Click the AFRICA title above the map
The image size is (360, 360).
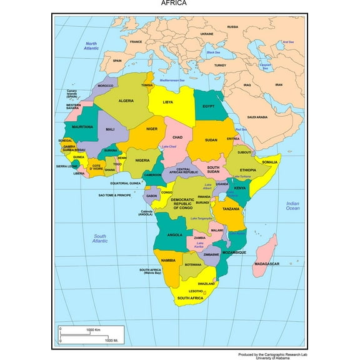coord(173,3)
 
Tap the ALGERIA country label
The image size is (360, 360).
coord(126,101)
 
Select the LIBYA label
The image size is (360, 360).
coord(168,102)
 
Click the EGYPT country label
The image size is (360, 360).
coord(208,106)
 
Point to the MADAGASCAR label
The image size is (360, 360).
coord(266,264)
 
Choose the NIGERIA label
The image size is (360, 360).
coord(142,160)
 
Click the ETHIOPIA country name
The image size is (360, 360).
coord(248,170)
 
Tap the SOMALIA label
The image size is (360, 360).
coord(269,162)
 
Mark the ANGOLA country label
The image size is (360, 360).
coord(174,235)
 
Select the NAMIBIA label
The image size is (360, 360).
coord(167,260)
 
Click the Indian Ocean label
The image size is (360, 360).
coord(292,206)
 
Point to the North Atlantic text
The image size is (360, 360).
coord(92,46)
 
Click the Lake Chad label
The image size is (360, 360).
coord(169,147)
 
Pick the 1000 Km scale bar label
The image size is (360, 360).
coord(94,329)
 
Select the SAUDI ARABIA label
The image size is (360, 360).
coord(257,117)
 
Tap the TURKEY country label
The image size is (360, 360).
coord(220,65)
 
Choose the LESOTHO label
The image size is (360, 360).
coord(196,291)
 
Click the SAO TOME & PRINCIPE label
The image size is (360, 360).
coord(114,196)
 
